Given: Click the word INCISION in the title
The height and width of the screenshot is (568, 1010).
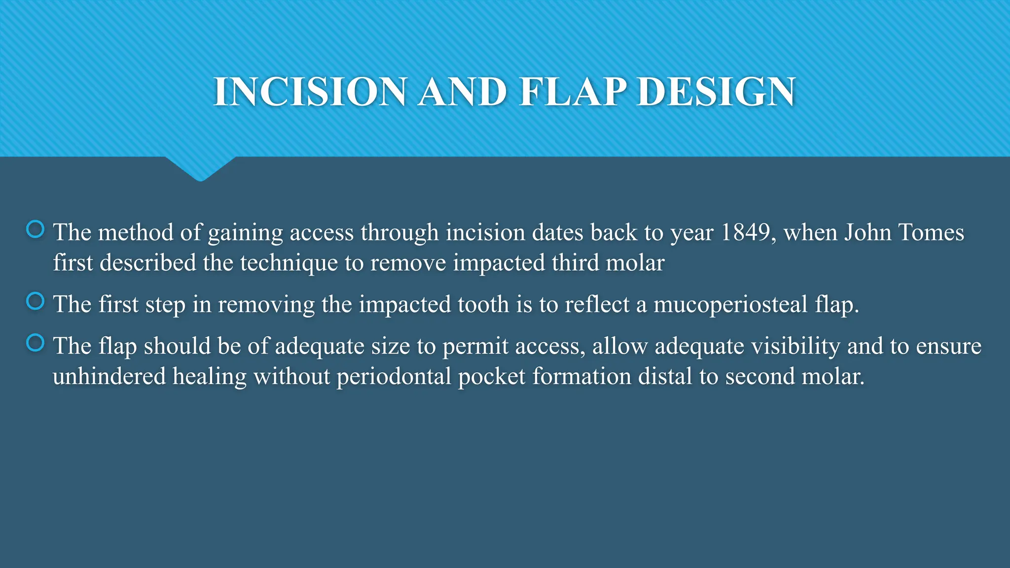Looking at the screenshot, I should tap(310, 92).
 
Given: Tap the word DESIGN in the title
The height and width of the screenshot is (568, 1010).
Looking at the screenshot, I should tap(716, 92).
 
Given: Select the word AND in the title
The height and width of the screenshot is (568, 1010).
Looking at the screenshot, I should tap(463, 92).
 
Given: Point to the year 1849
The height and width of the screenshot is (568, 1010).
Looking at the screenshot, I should tap(745, 232).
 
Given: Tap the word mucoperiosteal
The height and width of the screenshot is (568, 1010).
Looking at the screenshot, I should tap(730, 304).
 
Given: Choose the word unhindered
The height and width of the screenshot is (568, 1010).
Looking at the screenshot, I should tap(109, 377).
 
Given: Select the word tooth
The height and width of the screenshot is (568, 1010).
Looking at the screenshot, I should tap(483, 304).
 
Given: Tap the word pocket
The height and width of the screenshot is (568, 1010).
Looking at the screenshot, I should tap(492, 377).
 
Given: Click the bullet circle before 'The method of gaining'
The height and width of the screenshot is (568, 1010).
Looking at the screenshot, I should tap(36, 229).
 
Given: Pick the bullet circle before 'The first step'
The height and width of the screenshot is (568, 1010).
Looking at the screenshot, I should tap(36, 301).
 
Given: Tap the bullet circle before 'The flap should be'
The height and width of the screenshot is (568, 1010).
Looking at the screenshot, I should tap(36, 343).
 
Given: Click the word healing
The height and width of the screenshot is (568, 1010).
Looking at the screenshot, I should tap(209, 377).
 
